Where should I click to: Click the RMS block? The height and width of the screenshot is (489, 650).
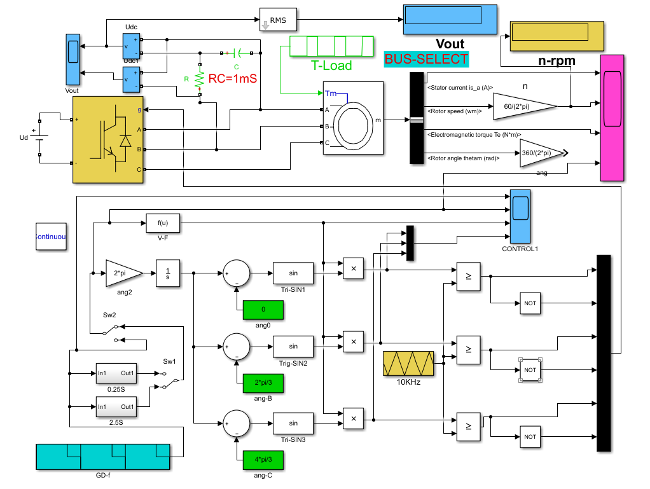tap(279, 20)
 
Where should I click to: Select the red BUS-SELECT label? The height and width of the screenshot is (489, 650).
tap(426, 59)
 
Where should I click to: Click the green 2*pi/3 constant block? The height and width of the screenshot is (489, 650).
tap(262, 383)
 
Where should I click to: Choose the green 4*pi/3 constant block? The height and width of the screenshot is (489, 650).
tap(262, 459)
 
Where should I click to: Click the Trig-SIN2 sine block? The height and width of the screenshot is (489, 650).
tap(293, 347)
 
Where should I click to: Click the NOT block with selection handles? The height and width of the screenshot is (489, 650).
tap(530, 370)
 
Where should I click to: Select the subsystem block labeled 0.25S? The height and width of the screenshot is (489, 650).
tap(115, 373)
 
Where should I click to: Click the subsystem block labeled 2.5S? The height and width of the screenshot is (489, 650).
tap(115, 406)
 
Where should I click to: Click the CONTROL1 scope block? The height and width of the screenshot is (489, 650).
tap(520, 216)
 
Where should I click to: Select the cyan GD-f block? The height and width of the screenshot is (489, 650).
tap(103, 457)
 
